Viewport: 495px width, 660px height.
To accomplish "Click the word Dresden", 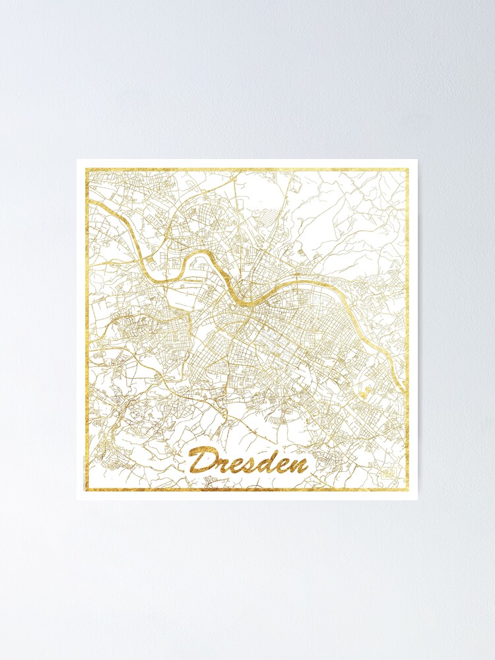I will pos(247,460).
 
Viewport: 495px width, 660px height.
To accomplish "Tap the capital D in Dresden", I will pos(199,461).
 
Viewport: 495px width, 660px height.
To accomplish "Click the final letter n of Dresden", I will pos(299,465).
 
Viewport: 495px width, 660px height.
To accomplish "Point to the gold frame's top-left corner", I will pos(86,170).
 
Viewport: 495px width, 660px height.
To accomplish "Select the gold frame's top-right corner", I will pos(407,170).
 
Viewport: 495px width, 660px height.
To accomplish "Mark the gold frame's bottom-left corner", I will pos(86,490).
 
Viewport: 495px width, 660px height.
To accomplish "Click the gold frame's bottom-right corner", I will pos(407,490).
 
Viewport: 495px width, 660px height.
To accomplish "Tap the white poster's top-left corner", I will pos(77,160).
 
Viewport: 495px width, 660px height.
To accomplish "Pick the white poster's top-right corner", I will pos(417,160).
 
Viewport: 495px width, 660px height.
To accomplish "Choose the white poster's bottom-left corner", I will pos(77,500).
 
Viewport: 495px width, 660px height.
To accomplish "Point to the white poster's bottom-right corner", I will pos(417,500).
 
